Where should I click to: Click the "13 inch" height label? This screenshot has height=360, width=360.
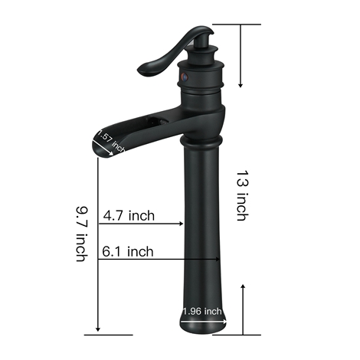[242, 195]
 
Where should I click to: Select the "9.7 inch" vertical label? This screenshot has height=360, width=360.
[80, 233]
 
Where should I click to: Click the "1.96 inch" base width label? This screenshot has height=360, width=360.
[202, 311]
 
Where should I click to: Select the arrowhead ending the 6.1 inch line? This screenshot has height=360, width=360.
[218, 260]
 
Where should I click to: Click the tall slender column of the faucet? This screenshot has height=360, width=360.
[202, 222]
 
